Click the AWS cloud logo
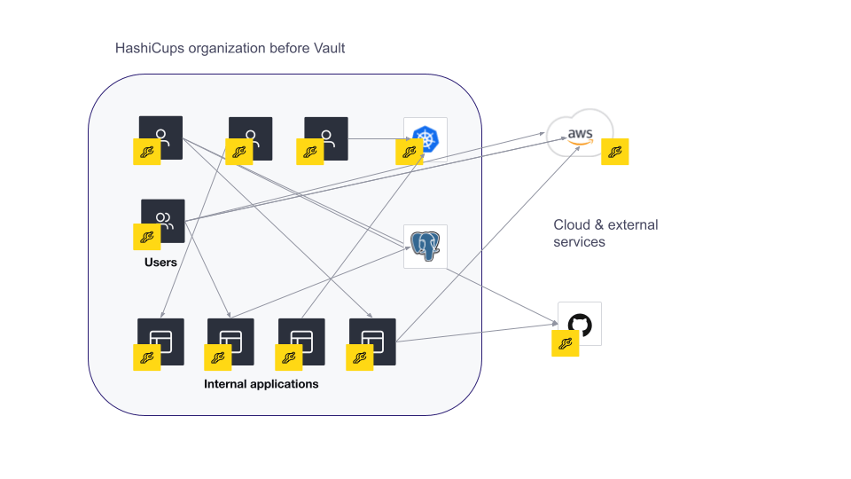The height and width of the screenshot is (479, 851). tap(580, 133)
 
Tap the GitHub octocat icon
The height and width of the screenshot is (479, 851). tap(580, 324)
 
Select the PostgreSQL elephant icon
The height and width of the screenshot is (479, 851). tap(425, 246)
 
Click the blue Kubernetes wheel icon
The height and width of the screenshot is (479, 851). tap(425, 139)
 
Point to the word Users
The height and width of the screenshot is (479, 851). tap(160, 263)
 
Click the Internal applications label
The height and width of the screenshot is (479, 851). tap(261, 384)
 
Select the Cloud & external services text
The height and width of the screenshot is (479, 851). tap(605, 233)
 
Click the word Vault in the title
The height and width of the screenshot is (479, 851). tap(329, 48)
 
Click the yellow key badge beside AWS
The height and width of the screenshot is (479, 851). tap(615, 152)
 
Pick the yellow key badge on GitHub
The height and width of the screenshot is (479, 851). tap(565, 343)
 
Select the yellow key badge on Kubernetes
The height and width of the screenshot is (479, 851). tap(410, 152)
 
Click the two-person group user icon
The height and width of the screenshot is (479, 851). tap(163, 220)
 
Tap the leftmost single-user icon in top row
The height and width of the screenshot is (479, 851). tap(161, 137)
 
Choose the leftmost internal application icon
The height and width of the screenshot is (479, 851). tap(160, 342)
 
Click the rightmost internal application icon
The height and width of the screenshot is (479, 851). tap(372, 342)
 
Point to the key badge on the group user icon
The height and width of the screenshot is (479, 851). tap(147, 237)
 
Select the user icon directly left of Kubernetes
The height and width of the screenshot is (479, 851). tap(326, 138)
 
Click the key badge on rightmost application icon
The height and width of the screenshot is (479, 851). tap(360, 357)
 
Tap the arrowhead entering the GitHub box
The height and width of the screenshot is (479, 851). tap(555, 325)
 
